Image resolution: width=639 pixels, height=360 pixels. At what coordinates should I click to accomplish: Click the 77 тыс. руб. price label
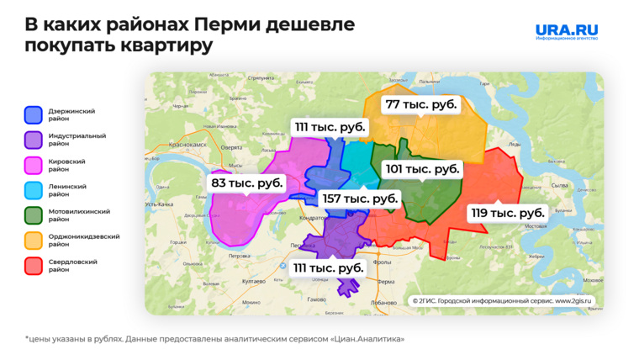[x=420, y=105]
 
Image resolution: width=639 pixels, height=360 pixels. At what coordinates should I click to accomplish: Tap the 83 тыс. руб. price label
[x=246, y=183]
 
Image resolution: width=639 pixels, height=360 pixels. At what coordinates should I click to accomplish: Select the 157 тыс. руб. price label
[x=359, y=199]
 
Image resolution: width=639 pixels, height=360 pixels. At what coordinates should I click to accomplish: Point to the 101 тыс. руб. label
[x=422, y=168]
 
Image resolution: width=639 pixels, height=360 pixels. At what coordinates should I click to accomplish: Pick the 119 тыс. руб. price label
[x=507, y=213]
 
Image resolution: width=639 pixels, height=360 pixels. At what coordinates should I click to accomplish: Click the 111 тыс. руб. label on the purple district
[x=328, y=267]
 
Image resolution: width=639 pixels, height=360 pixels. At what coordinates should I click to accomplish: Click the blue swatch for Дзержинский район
[x=34, y=115]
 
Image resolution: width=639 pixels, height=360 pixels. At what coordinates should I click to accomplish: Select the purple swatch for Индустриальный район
[x=34, y=140]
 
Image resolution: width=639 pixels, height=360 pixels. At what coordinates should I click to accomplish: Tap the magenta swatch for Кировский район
[x=34, y=165]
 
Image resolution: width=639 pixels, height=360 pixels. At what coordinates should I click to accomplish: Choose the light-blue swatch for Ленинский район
[x=34, y=190]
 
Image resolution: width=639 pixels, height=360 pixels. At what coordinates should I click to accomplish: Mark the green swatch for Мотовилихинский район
[x=34, y=215]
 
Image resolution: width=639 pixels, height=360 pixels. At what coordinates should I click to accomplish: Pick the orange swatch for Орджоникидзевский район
[x=34, y=241]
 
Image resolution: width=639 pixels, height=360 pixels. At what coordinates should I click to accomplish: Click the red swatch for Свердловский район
[x=34, y=266]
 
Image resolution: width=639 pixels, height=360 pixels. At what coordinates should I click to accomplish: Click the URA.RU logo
[x=567, y=32]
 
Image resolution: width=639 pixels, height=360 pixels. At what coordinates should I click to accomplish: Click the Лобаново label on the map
[x=383, y=303]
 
